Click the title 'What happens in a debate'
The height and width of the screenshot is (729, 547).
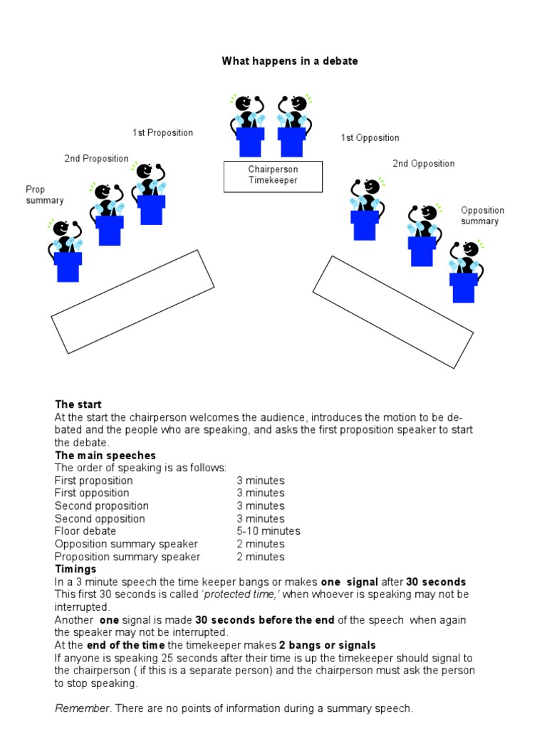[290, 61]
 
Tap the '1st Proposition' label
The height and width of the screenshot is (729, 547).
[162, 133]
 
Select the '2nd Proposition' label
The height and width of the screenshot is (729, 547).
[97, 159]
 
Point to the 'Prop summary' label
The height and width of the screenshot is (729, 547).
[44, 195]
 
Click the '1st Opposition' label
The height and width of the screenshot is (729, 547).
[370, 138]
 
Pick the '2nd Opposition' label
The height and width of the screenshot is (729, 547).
[423, 164]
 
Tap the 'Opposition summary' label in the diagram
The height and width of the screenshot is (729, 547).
[482, 216]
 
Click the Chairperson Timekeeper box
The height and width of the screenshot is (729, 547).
[273, 176]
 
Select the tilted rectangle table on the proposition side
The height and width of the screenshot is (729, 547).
[132, 301]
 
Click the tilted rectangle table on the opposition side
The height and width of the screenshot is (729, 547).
[392, 312]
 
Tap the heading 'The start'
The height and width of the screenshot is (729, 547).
[74, 404]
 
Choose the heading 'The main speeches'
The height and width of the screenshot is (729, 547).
[105, 455]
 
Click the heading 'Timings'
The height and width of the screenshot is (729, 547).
[75, 570]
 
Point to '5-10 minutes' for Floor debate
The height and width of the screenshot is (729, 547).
[269, 531]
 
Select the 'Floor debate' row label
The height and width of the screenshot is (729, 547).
[85, 531]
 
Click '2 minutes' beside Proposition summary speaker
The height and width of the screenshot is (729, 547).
[261, 557]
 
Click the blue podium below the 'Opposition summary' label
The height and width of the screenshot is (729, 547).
[463, 288]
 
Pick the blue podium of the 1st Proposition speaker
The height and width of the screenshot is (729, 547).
[152, 209]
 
